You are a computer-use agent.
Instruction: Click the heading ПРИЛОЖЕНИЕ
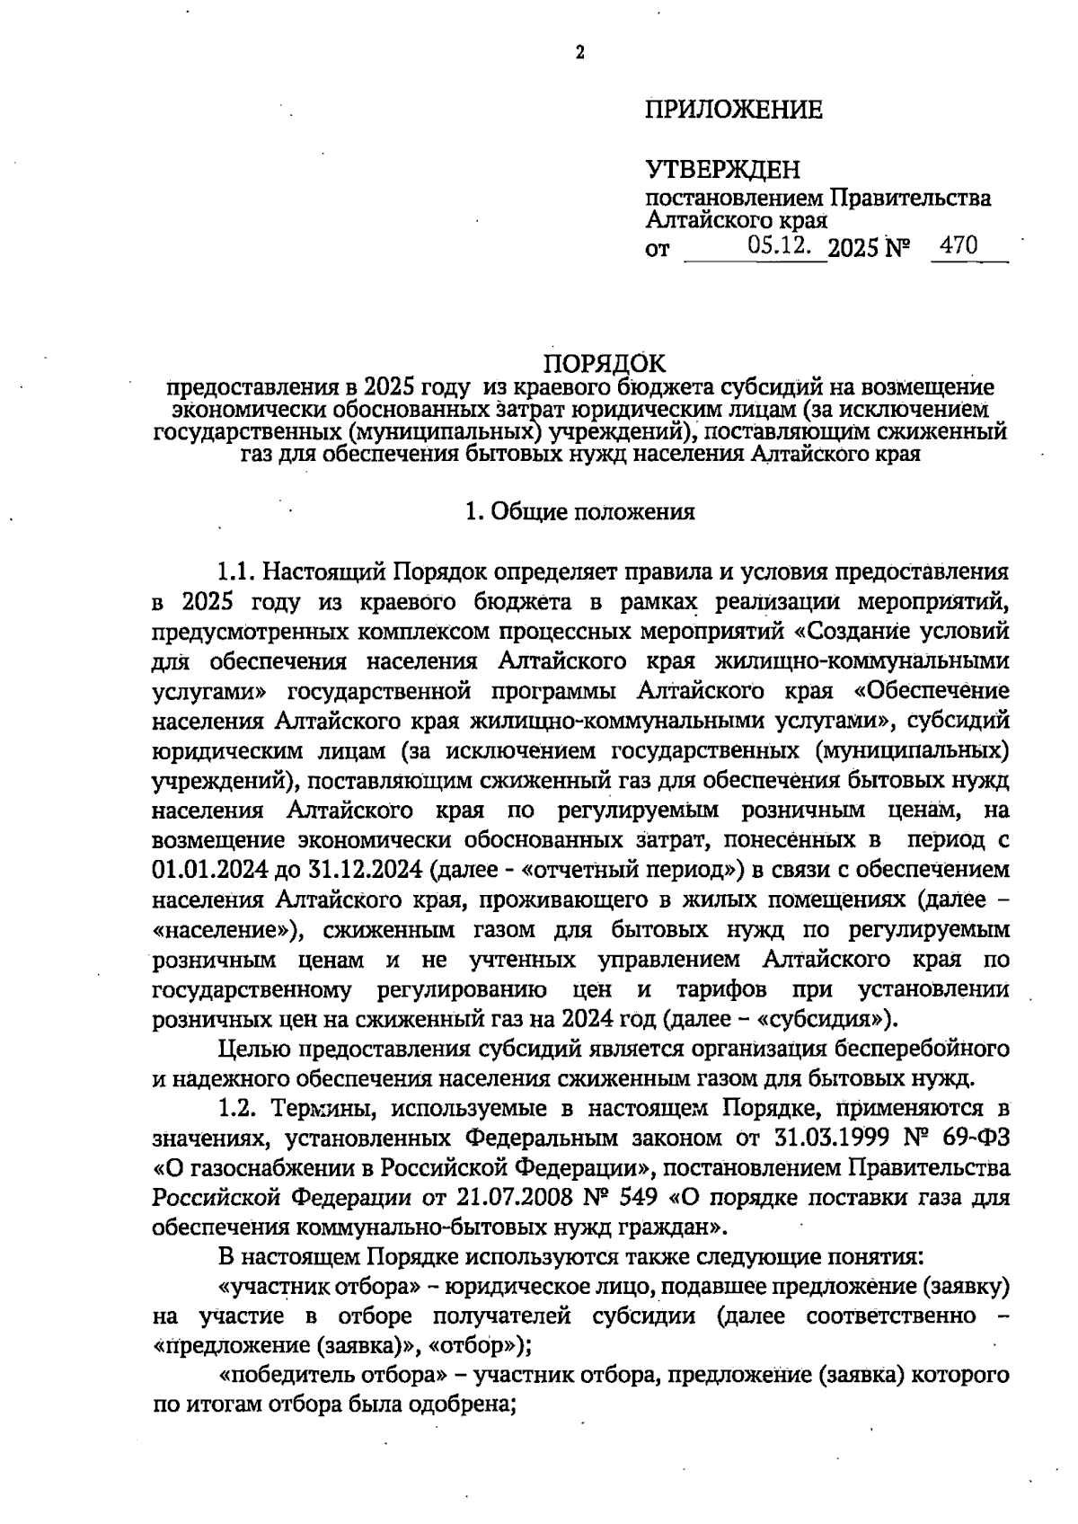[733, 111]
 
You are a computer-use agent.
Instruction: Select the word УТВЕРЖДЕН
[722, 169]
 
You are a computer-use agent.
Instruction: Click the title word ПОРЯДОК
[606, 363]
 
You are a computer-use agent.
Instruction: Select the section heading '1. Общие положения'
[580, 512]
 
